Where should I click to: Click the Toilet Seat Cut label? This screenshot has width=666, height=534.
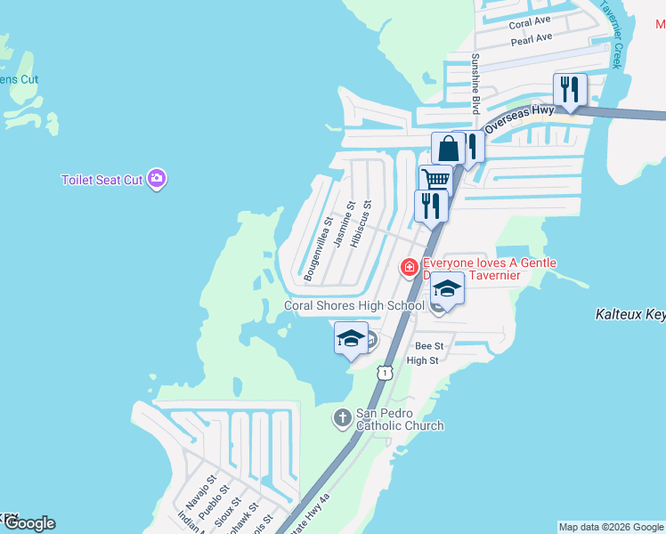click(x=102, y=180)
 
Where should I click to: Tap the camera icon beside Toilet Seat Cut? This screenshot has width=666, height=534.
click(x=158, y=179)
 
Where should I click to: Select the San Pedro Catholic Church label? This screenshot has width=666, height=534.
click(x=400, y=419)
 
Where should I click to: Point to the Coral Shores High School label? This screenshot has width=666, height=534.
click(x=353, y=305)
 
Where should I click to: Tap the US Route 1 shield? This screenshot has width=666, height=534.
click(x=384, y=372)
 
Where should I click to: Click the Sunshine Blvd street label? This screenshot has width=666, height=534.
click(x=475, y=83)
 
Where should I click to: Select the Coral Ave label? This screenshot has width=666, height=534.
click(x=530, y=23)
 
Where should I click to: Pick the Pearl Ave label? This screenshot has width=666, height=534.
click(x=532, y=38)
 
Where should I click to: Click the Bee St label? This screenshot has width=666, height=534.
click(x=429, y=345)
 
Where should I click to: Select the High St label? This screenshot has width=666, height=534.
click(x=423, y=360)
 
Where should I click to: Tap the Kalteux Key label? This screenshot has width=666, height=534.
click(x=629, y=314)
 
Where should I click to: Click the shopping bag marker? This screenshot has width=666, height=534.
click(x=448, y=148)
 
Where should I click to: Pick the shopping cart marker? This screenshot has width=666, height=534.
click(x=435, y=179)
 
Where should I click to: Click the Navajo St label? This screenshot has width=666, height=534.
click(x=196, y=495)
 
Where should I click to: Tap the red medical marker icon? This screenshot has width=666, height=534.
click(x=410, y=266)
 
